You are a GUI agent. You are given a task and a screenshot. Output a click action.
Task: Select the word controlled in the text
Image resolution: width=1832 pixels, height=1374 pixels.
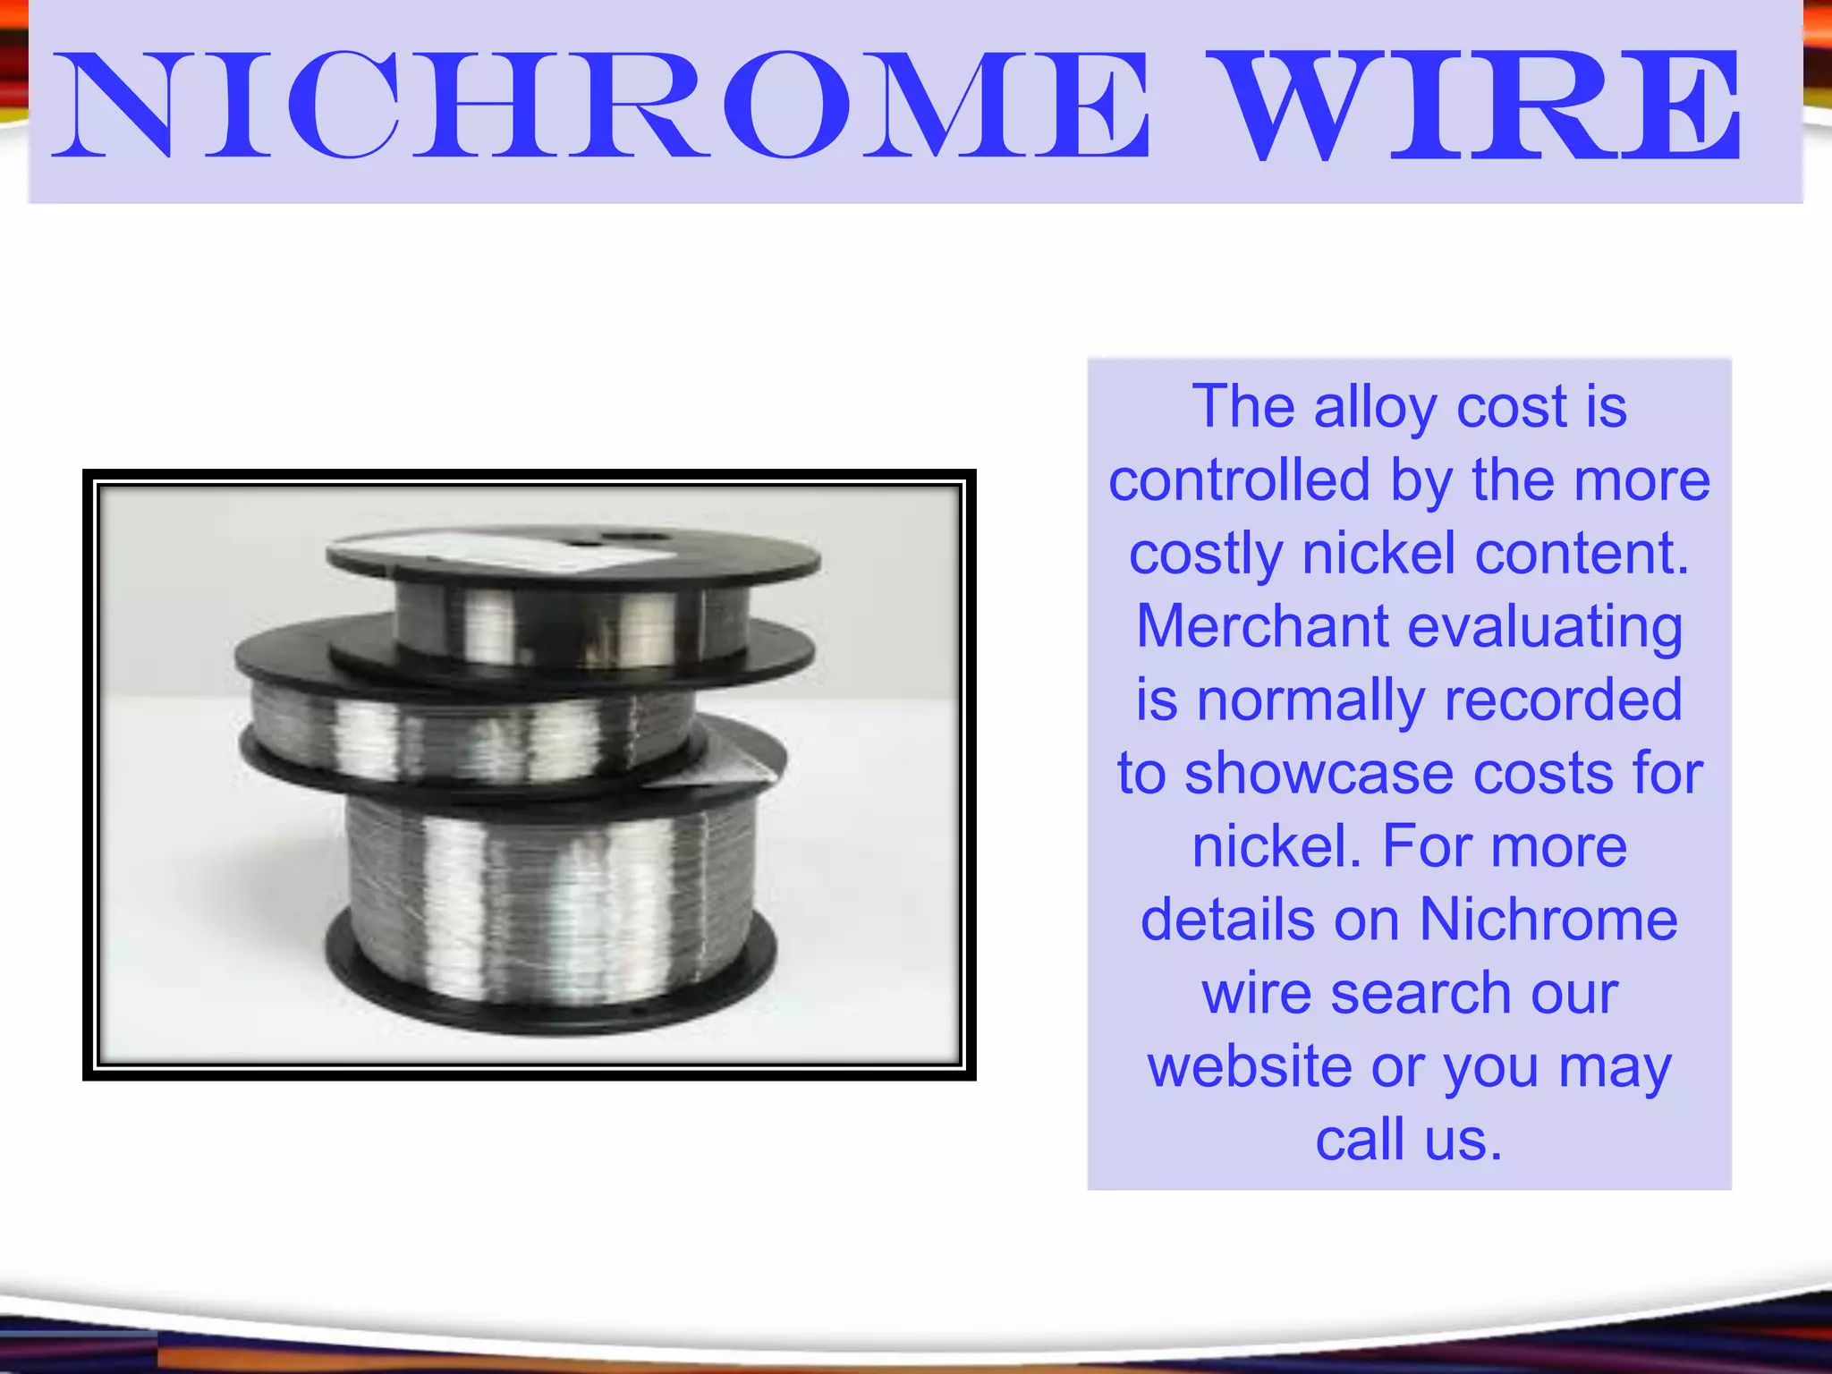pyautogui.click(x=1239, y=480)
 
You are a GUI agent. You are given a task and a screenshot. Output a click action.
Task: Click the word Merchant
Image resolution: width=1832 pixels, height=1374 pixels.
pyautogui.click(x=1261, y=626)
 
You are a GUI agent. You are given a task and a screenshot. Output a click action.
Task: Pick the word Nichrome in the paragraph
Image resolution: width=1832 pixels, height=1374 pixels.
pyautogui.click(x=1548, y=920)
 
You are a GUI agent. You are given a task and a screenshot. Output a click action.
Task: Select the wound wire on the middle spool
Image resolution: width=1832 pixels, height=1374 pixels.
pyautogui.click(x=465, y=729)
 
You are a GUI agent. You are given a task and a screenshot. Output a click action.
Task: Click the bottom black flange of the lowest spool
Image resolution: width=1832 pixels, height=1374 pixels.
pyautogui.click(x=550, y=1002)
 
